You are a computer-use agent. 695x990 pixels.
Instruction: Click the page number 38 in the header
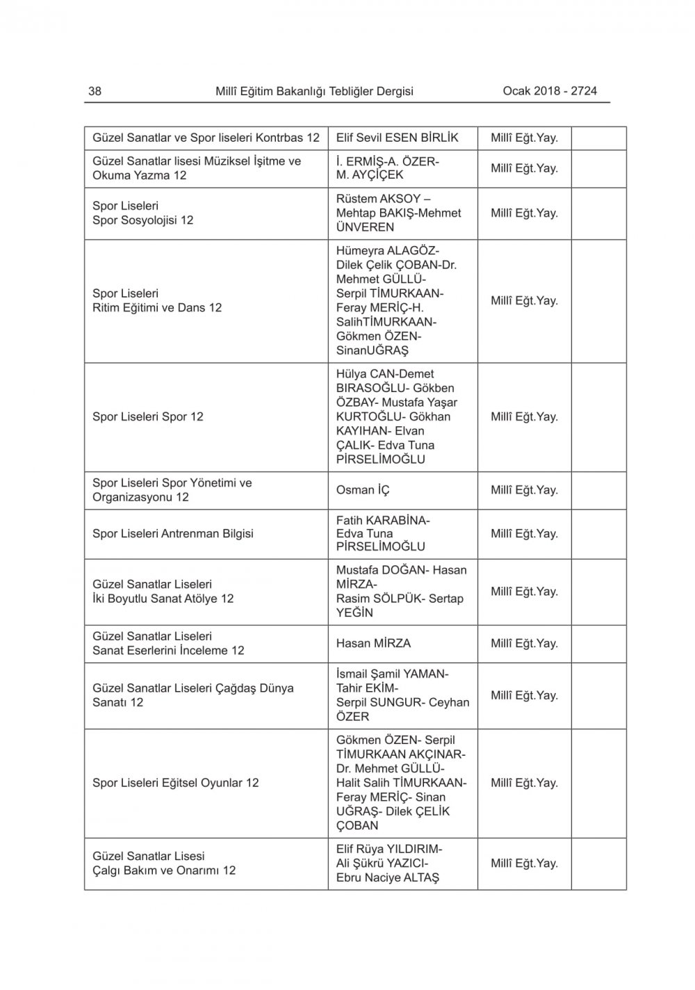(95, 91)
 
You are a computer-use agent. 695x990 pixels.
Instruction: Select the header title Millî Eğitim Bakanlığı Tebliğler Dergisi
(314, 91)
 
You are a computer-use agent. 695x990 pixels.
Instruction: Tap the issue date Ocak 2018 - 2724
(550, 91)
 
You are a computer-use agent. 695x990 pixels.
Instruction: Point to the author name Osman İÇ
(363, 490)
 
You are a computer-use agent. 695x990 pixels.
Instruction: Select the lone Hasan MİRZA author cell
(373, 643)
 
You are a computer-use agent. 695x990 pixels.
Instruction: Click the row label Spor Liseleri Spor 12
(148, 417)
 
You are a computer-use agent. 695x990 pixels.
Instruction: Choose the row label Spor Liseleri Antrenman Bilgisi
(173, 534)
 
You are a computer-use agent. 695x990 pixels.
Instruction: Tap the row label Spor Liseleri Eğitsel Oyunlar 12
(176, 783)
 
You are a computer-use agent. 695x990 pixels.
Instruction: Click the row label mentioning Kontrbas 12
(206, 138)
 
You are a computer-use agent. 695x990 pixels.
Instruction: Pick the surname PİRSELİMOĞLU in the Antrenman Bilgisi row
(380, 547)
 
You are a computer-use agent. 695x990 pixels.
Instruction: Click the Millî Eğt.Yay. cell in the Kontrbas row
(524, 138)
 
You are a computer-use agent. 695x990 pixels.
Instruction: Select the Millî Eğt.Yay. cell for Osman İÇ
(524, 490)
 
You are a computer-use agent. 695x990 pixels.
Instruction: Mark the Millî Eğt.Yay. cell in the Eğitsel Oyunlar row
(524, 783)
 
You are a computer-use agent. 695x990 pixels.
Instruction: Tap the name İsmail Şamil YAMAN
(392, 674)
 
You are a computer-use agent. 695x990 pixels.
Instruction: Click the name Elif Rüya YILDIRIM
(389, 849)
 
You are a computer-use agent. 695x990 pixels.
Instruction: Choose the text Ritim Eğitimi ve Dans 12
(157, 308)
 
